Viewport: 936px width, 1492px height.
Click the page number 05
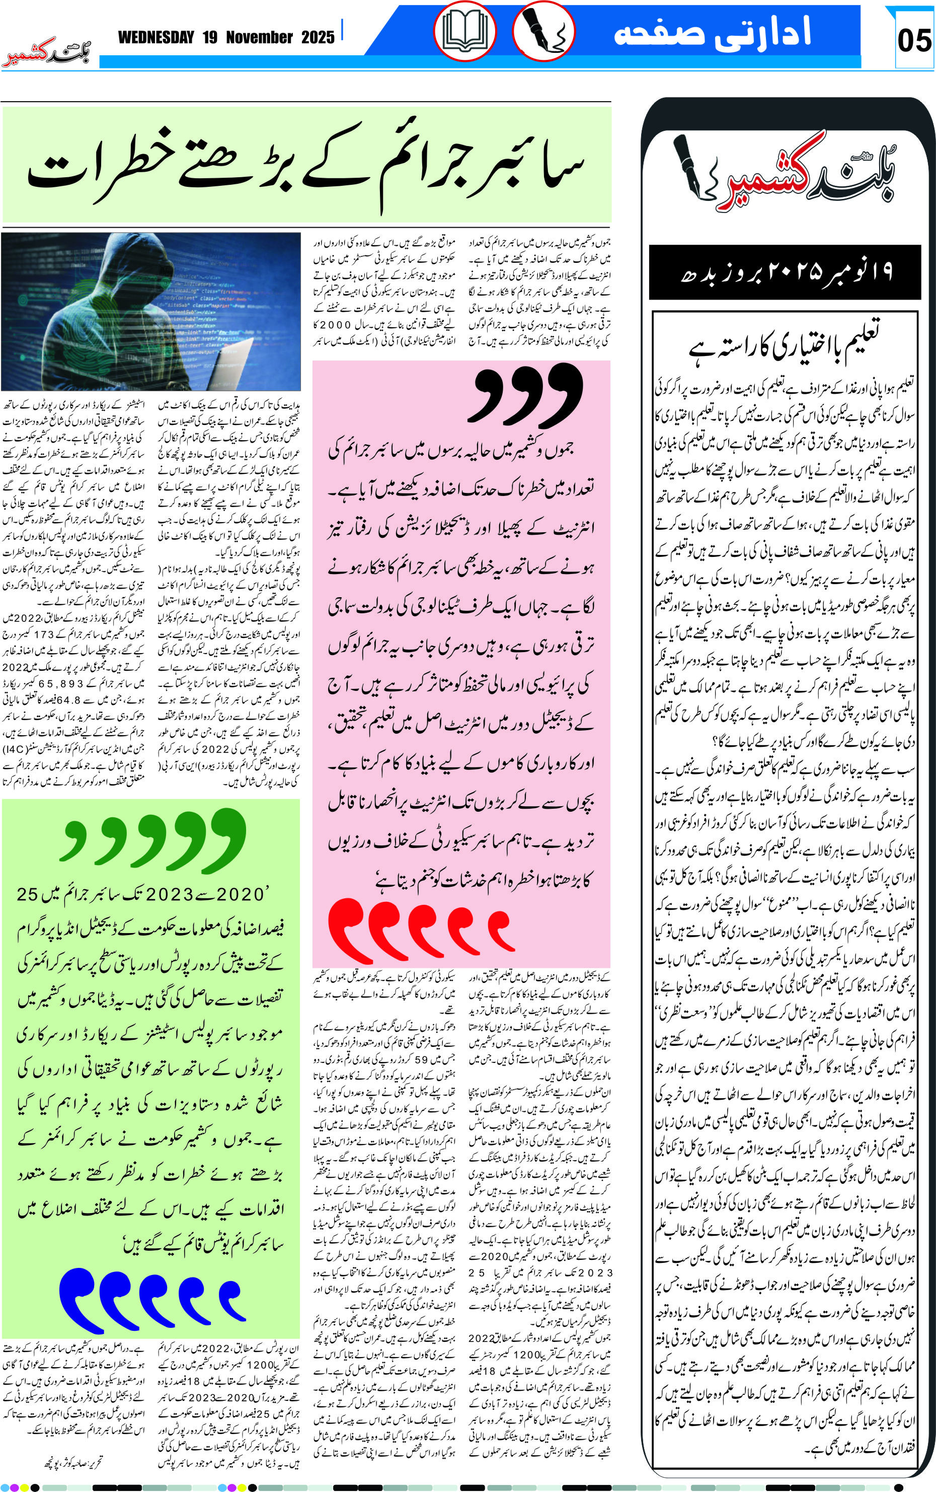pyautogui.click(x=914, y=41)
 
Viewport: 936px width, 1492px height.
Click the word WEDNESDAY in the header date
pyautogui.click(x=156, y=38)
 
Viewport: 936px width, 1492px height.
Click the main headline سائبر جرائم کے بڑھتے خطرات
pyautogui.click(x=306, y=165)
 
